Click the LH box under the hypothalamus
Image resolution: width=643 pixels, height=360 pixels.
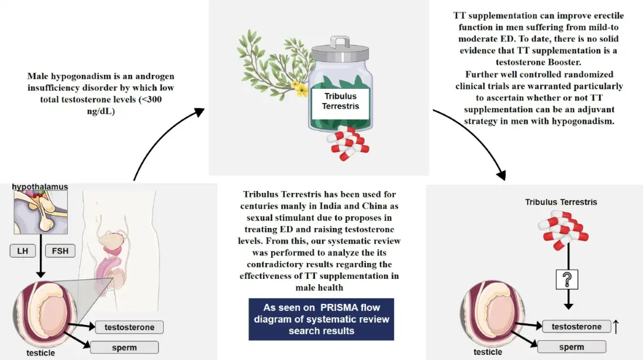point(23,251)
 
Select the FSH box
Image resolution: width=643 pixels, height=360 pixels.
point(60,251)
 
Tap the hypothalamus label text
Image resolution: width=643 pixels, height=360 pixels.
point(40,187)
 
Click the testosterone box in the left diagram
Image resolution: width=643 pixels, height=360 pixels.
point(129,327)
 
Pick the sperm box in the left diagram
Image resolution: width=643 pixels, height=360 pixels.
point(124,347)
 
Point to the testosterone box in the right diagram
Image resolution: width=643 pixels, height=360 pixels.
point(576,327)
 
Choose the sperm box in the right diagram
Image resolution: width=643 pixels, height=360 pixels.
point(571,347)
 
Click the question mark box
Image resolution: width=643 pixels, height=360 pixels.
point(566,279)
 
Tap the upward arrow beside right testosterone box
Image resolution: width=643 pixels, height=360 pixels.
point(616,326)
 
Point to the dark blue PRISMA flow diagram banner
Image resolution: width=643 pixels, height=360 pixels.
point(321,319)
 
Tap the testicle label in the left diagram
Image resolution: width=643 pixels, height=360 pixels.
point(40,353)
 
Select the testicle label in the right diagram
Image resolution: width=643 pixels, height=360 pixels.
point(488,352)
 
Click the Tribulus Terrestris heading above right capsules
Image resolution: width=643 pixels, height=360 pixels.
point(561,202)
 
